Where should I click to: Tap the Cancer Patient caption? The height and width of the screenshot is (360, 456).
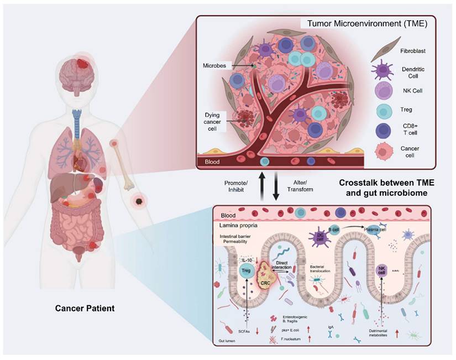85,307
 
